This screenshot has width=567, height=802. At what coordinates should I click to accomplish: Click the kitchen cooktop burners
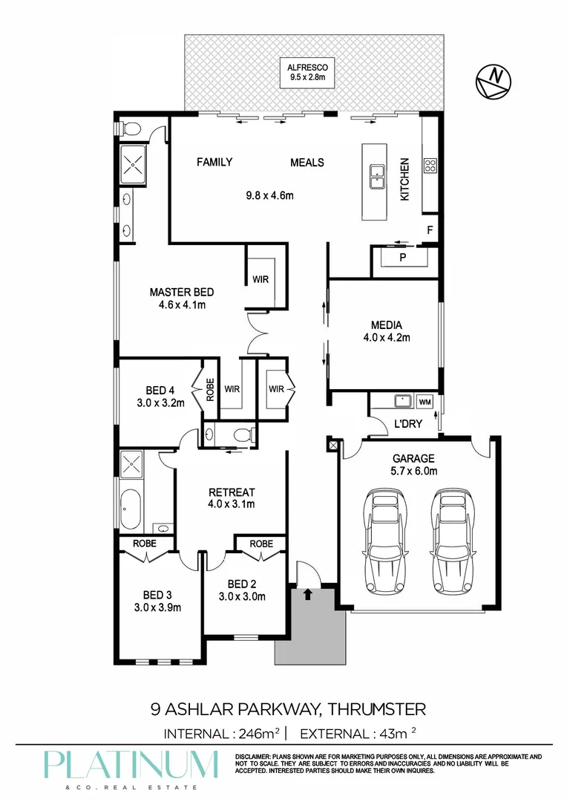pos(430,166)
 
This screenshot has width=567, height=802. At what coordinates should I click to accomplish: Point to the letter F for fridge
pos(430,230)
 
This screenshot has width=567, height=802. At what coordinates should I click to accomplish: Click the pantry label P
pos(403,258)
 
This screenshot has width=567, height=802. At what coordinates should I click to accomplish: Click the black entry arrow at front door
pos(307,593)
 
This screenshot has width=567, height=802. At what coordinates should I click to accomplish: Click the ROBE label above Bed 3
pos(145,544)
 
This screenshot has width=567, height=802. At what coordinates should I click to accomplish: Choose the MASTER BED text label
pos(177,292)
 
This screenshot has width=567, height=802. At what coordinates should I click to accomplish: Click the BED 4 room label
pos(160,391)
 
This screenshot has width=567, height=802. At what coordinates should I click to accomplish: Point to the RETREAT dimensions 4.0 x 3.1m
pos(232,504)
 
